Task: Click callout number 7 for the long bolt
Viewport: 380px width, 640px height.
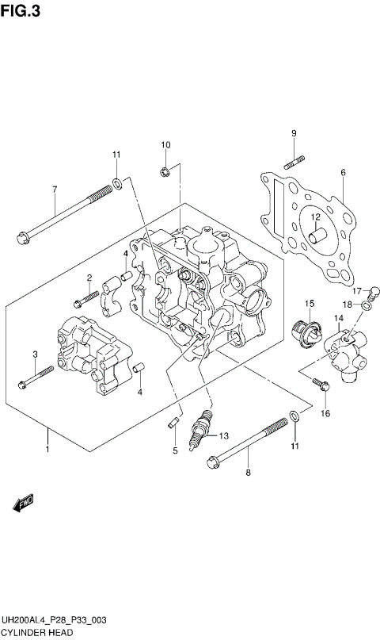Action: coord(55,190)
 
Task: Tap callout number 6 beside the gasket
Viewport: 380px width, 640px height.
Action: coord(344,172)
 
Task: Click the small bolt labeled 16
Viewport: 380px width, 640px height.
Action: coord(320,386)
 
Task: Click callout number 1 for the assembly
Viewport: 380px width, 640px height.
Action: coord(47,450)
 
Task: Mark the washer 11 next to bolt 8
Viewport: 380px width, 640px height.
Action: coord(294,416)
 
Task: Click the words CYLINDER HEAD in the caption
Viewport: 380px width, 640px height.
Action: coord(37,632)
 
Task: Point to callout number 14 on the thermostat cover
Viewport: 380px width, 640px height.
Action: coord(337,318)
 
